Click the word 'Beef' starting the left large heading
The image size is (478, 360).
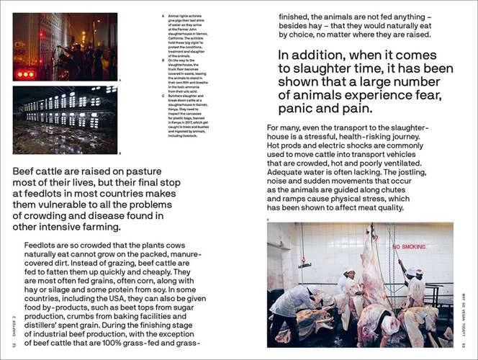(x=28, y=173)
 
